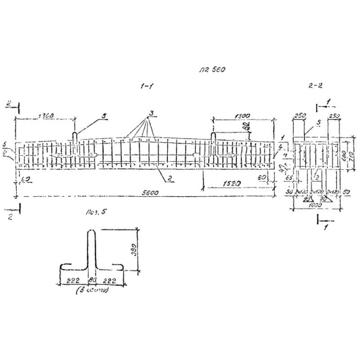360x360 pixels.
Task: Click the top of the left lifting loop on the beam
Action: pyautogui.click(x=75, y=133)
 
